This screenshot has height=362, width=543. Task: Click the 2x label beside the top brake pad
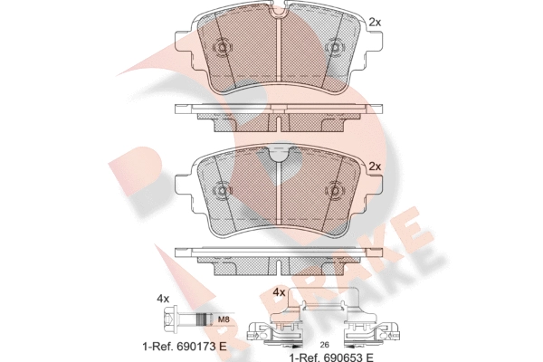coord(375,23)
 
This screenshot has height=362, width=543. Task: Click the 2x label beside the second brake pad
coord(375,167)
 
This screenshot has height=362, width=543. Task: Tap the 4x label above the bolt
coord(163,299)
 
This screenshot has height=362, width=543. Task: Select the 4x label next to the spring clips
coord(279,292)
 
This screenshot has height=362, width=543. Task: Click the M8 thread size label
coord(224,320)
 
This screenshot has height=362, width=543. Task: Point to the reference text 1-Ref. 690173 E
coord(185,346)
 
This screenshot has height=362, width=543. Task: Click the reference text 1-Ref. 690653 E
coord(331,357)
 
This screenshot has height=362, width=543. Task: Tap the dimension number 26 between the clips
coord(325,345)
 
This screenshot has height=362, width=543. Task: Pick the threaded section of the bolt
coord(204,319)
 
